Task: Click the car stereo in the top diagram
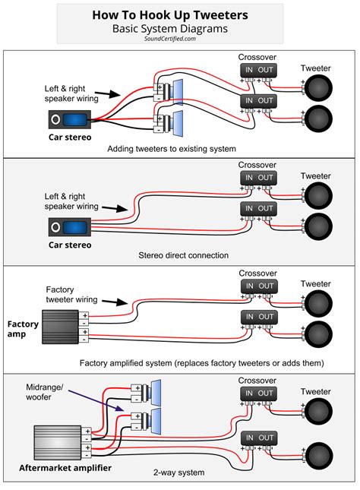tap(70, 119)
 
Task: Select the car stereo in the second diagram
tap(70, 227)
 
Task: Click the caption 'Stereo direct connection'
tap(180, 254)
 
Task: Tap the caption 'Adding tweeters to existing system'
tap(172, 147)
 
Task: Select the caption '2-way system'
tap(180, 473)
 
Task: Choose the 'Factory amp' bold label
tap(22, 328)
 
